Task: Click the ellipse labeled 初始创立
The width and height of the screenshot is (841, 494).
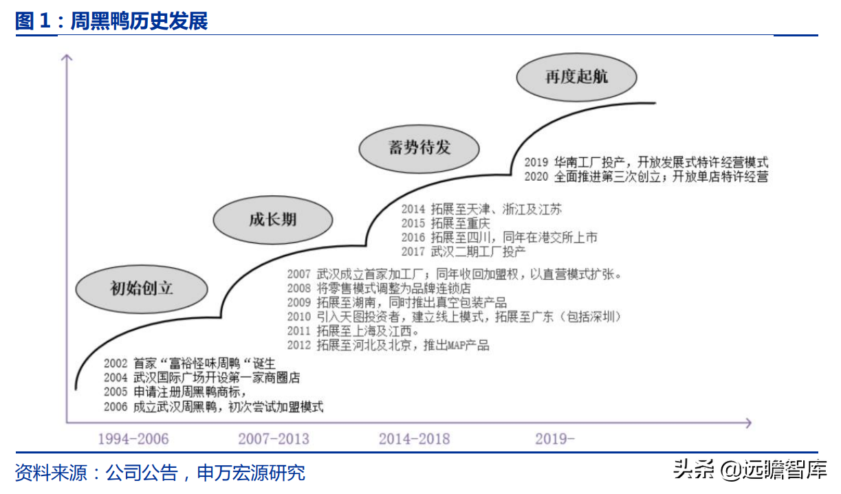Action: coord(142,288)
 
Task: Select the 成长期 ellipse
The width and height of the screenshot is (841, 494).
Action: coord(272,219)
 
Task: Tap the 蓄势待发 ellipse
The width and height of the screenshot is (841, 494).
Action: coord(419,147)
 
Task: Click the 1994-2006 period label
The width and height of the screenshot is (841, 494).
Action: coord(133,439)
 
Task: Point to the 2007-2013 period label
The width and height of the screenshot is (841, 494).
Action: coord(274,439)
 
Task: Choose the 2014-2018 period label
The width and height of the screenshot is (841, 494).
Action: coord(414,439)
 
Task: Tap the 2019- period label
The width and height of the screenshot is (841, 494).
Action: coord(554,439)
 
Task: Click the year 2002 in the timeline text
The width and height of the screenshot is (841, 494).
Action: coord(116,363)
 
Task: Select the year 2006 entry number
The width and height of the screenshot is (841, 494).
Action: coord(116,407)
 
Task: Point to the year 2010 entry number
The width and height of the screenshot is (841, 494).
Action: coord(299,317)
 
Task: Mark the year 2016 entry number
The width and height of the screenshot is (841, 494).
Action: coord(413,238)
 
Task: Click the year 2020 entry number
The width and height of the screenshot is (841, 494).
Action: coord(536,177)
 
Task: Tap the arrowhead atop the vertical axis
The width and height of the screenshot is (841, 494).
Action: coord(67,57)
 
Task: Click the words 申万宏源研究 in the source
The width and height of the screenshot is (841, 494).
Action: coord(250,473)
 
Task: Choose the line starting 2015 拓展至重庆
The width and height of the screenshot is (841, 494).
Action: coord(446,224)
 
